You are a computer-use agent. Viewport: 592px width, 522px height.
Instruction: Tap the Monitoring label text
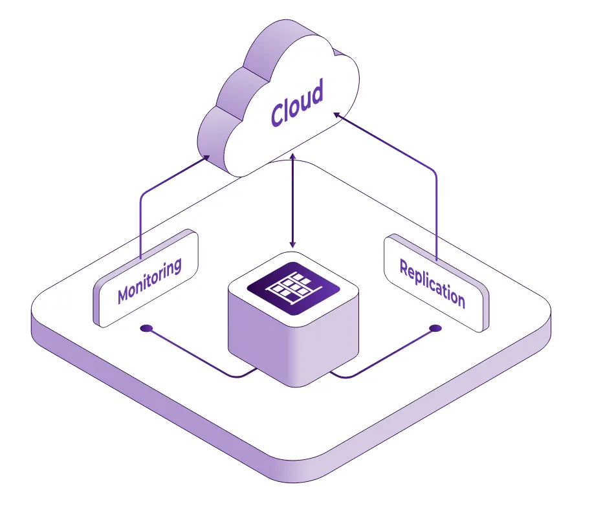pos(149,281)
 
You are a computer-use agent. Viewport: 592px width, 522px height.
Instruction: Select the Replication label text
pos(432,283)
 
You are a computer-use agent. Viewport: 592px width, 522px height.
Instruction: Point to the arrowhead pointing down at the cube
pos(292,245)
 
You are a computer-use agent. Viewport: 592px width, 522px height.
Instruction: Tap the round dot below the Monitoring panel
pos(146,329)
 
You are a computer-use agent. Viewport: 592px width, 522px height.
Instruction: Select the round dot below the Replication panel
pos(435,329)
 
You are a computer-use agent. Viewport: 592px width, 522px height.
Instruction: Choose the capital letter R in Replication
pos(404,267)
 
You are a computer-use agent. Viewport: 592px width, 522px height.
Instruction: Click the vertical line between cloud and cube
pos(292,201)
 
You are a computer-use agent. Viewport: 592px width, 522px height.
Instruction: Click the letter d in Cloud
pos(316,93)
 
